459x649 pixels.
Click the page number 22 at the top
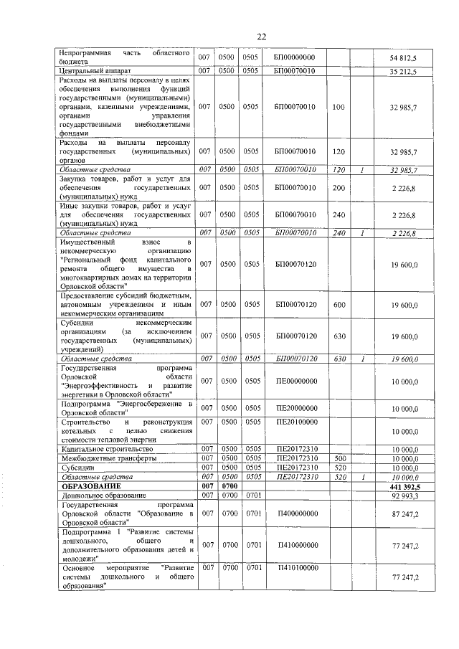tap(262, 37)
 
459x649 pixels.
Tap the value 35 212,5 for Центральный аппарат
tap(403, 71)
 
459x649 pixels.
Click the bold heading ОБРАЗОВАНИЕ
tap(88, 486)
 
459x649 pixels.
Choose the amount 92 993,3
tap(404, 496)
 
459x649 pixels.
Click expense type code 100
tap(339, 106)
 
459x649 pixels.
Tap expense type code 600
tap(339, 305)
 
